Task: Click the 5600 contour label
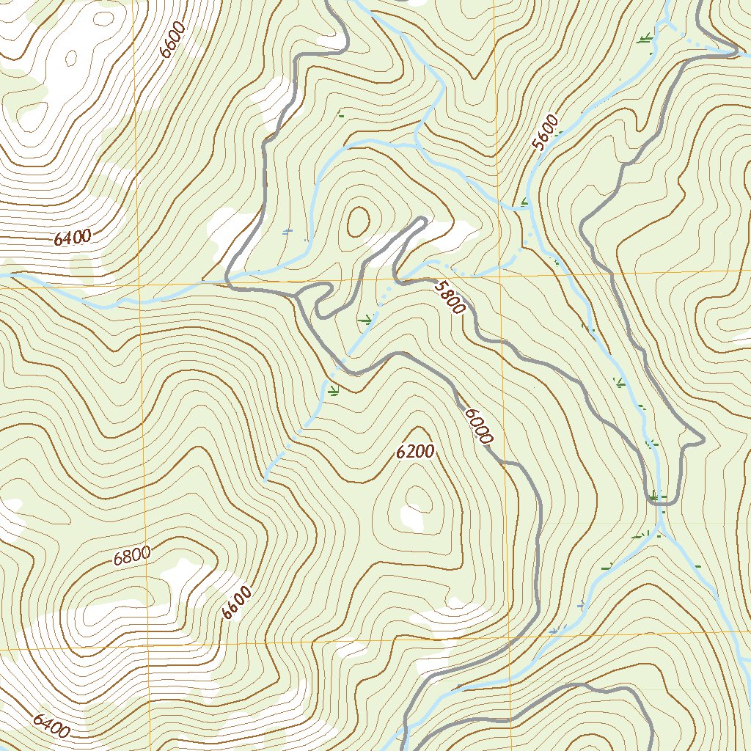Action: (546, 133)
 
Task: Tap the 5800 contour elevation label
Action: (449, 297)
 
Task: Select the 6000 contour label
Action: (477, 425)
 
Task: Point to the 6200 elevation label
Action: (415, 452)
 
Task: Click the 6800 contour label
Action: (132, 556)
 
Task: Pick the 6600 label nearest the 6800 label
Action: (237, 603)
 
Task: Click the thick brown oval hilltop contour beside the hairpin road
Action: (359, 221)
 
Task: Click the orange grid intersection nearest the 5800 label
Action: (501, 276)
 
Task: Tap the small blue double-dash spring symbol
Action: (287, 232)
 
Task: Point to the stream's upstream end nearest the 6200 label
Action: (264, 480)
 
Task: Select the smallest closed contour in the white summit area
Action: (72, 55)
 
